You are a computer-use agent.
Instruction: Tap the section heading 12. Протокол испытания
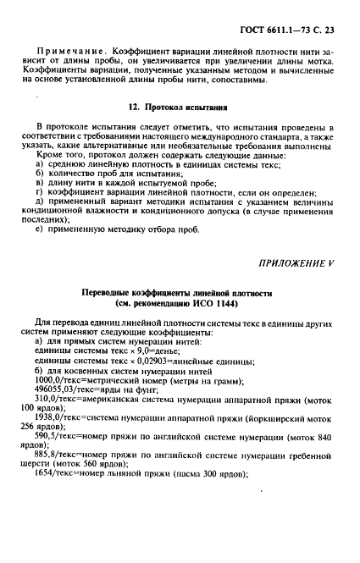(180, 109)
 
